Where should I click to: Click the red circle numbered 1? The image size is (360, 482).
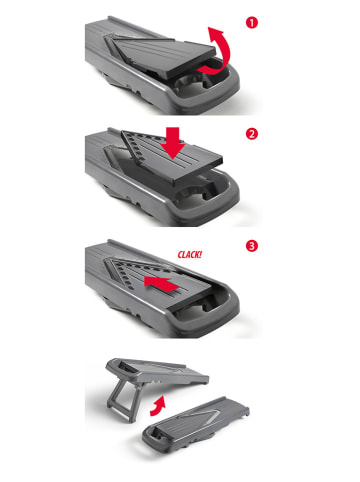tap(258, 19)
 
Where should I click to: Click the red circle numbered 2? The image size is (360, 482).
tap(258, 132)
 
